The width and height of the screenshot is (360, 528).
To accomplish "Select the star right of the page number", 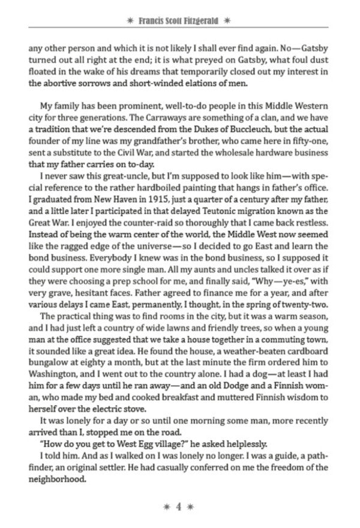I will tap(191, 506).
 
